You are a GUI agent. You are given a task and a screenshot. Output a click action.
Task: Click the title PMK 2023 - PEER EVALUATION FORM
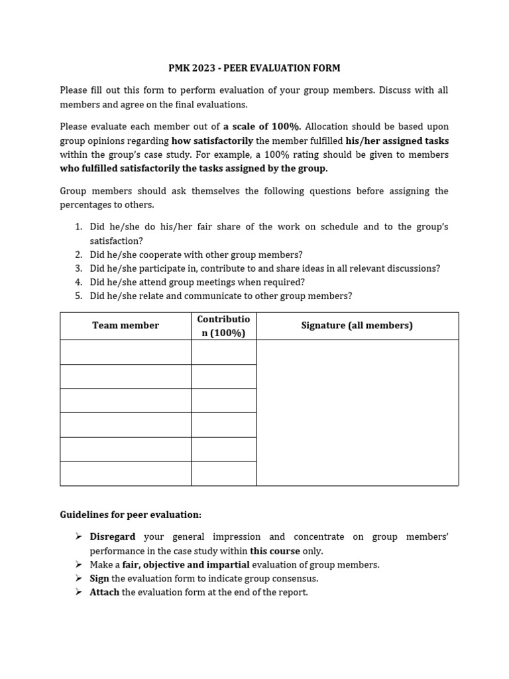point(254,68)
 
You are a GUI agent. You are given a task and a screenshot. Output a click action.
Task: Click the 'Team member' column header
point(125,326)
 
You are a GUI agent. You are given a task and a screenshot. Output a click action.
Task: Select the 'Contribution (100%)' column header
point(223,326)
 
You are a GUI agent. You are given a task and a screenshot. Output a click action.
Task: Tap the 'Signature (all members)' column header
point(357,326)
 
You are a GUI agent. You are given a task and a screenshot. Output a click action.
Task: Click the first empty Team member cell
point(125,352)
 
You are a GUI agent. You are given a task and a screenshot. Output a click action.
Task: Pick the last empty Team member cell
point(125,473)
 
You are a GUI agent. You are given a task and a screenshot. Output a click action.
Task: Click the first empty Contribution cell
point(223,352)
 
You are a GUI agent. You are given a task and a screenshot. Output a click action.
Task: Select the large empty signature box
point(357,412)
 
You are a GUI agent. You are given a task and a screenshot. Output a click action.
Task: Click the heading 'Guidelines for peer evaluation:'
point(131,515)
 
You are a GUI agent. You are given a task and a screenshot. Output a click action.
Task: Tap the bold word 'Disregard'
point(113,537)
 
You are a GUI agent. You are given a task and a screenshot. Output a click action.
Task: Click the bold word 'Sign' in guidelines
point(99,579)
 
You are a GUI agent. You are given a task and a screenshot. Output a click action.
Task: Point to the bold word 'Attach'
point(104,593)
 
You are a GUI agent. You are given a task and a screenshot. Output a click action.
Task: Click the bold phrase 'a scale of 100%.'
point(262,127)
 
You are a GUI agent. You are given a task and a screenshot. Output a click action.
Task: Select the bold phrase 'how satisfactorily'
point(212,141)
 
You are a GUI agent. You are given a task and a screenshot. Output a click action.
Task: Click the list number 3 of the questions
point(78,269)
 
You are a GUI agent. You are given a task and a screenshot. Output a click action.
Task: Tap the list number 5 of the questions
point(78,296)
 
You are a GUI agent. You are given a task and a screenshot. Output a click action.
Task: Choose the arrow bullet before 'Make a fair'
point(78,565)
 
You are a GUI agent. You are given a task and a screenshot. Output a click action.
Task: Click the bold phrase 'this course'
point(274,551)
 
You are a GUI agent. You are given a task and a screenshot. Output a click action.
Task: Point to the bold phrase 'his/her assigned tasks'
point(397,141)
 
